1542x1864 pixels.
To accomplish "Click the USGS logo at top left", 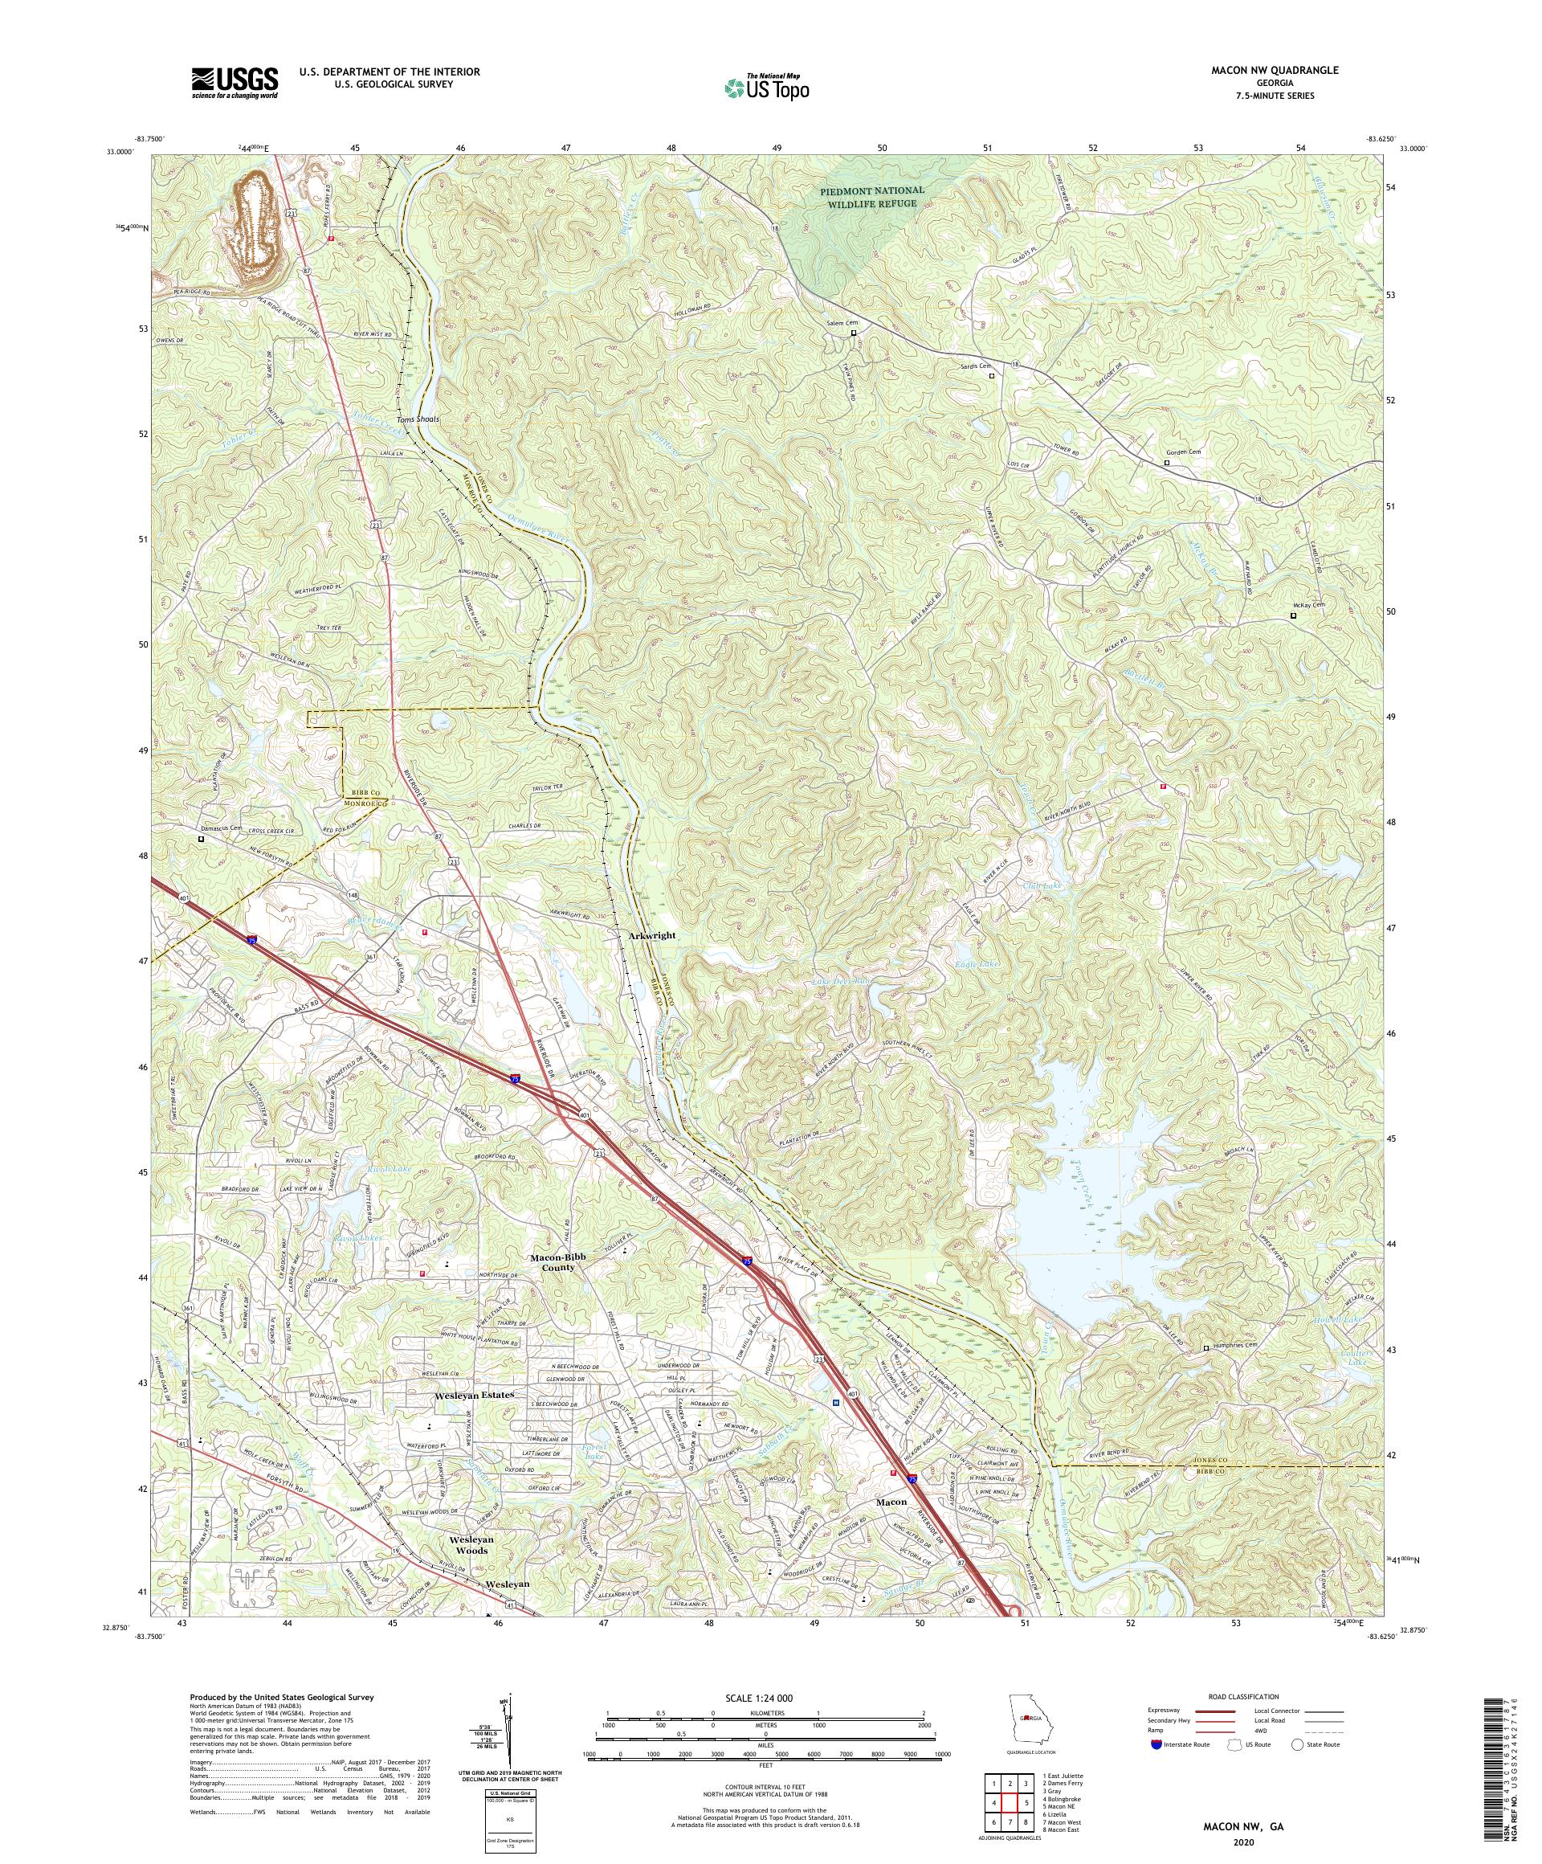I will click(235, 84).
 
